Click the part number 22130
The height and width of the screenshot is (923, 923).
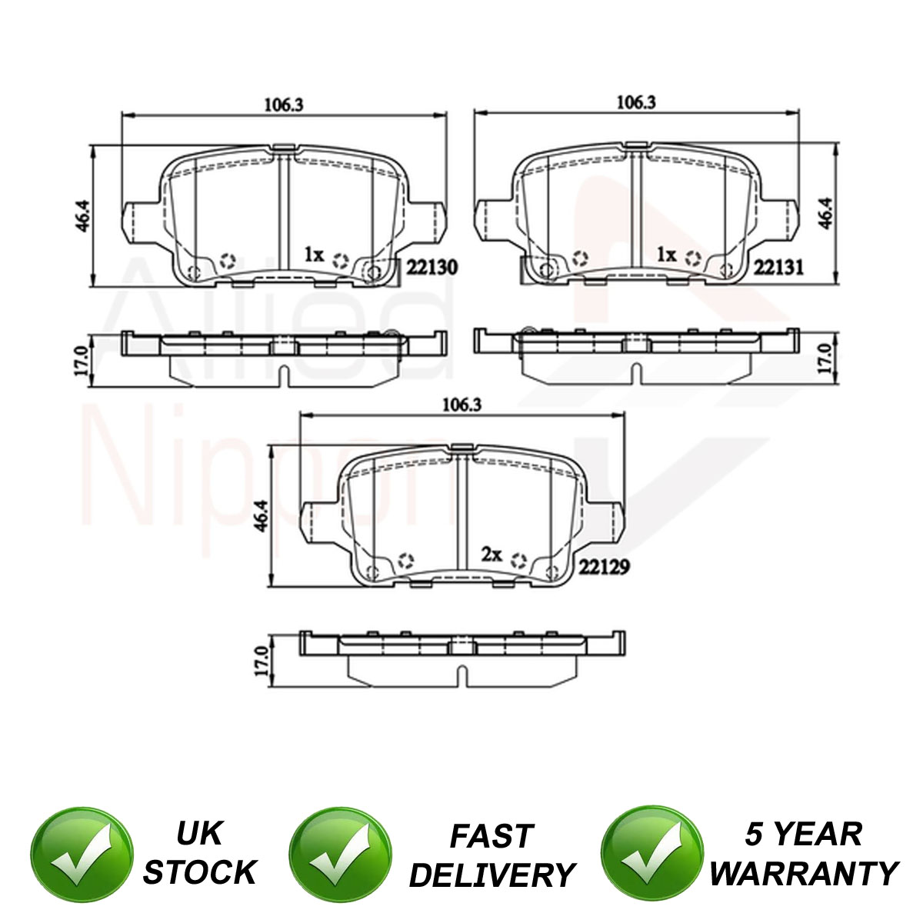pos(432,268)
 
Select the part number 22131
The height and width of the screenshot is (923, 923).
pos(778,268)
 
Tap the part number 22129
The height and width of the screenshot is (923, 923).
pos(604,568)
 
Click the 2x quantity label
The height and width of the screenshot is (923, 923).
pos(491,555)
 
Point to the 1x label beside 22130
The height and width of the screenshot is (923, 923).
pos(315,255)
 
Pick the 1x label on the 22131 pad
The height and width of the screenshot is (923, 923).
pos(666,255)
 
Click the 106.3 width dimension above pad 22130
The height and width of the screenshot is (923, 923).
pos(284,105)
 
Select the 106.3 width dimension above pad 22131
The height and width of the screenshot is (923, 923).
pos(636,102)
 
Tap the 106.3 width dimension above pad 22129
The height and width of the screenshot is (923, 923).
pos(461,405)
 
